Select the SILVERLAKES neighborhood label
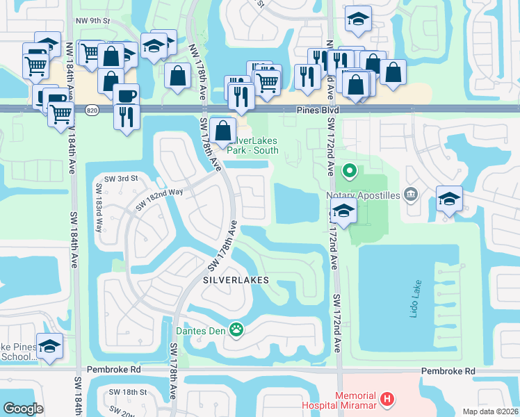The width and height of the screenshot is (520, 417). click(236, 280)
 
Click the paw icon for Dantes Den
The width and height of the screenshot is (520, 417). click(237, 329)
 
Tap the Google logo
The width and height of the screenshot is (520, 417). click(24, 409)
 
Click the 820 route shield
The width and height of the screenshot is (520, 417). click(92, 111)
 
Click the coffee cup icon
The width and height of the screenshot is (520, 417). click(126, 95)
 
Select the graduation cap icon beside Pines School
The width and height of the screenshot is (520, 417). click(49, 345)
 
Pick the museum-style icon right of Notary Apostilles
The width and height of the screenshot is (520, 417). click(411, 193)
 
